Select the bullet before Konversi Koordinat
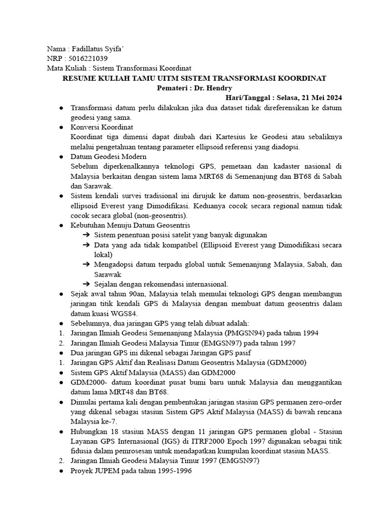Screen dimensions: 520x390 pos(60,127)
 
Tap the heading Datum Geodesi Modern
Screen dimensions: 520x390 pos(109,156)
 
